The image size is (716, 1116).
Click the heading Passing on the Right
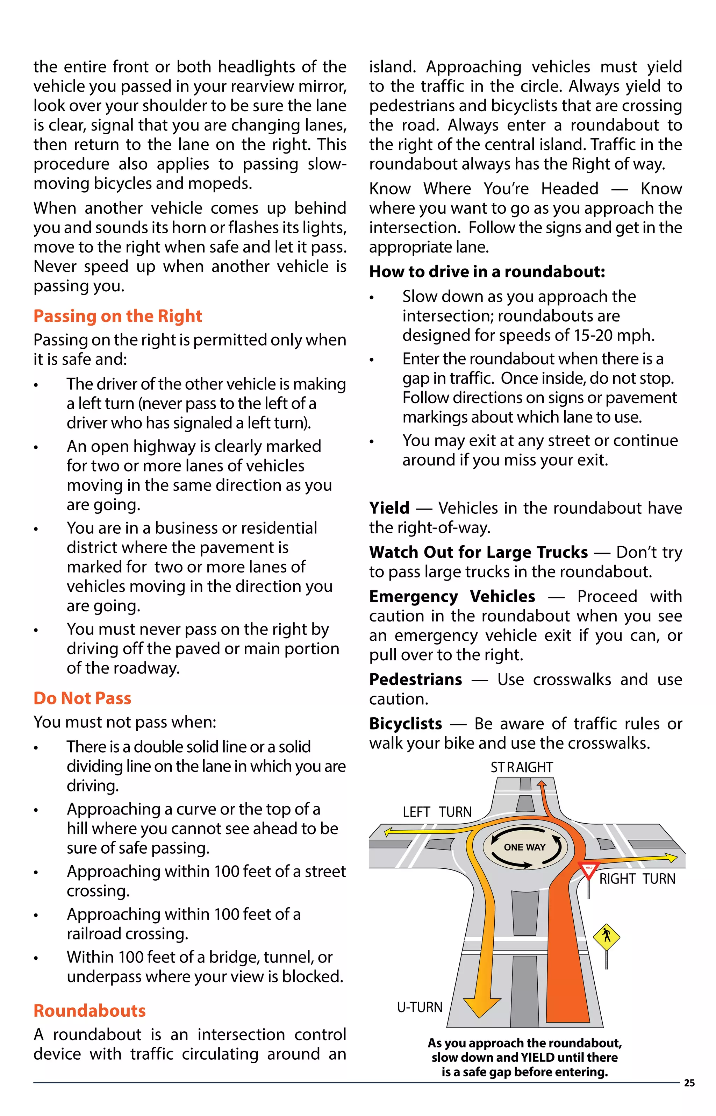(x=117, y=316)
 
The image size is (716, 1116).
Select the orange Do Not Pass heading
(x=82, y=698)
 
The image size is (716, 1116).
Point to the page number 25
(x=689, y=1083)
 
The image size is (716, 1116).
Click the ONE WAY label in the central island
(x=524, y=847)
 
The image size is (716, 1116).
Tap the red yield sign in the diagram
(x=589, y=869)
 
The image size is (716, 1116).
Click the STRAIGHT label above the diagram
(x=522, y=767)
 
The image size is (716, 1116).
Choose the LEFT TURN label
(x=437, y=812)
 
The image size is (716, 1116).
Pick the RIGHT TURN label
(x=637, y=879)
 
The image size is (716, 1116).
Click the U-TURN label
(x=420, y=1007)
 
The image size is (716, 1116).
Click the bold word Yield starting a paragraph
(x=389, y=508)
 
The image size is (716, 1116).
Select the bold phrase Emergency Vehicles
(x=452, y=596)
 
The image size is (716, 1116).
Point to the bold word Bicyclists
(x=406, y=724)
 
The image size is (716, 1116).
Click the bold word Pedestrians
(x=415, y=680)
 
